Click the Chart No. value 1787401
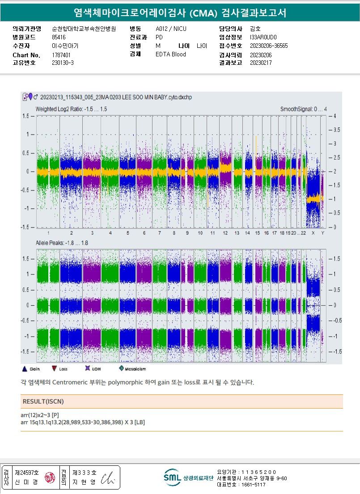(61, 55)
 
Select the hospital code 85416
(59, 37)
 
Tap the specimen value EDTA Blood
(171, 55)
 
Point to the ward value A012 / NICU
(171, 29)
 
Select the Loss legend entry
(59, 369)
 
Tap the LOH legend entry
(93, 369)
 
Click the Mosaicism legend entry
(133, 369)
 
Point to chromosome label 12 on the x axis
(225, 233)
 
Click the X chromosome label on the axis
(313, 233)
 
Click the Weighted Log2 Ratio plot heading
(71, 109)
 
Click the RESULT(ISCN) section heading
(43, 401)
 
